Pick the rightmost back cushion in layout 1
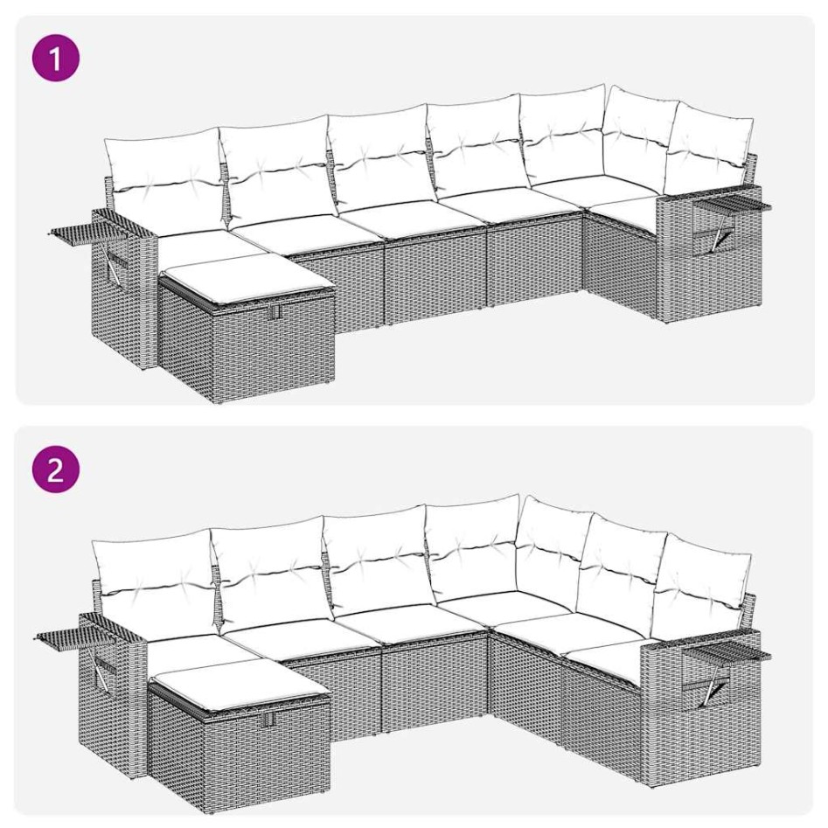tap(709, 145)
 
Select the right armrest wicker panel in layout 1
tap(708, 262)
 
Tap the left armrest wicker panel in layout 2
tap(109, 699)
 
